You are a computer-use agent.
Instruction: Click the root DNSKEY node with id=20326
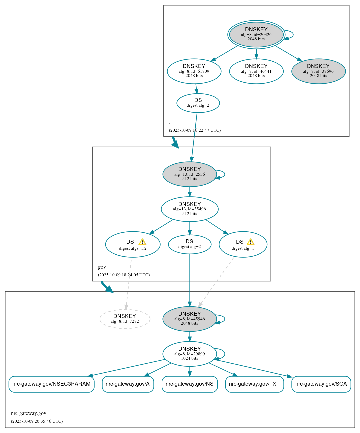(x=256, y=34)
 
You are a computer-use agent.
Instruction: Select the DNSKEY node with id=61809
(x=194, y=71)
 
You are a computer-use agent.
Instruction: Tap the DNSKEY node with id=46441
(x=256, y=71)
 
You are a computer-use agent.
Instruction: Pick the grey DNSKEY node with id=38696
(x=318, y=71)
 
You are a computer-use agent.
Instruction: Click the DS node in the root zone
(x=198, y=103)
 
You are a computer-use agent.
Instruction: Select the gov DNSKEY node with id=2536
(x=189, y=174)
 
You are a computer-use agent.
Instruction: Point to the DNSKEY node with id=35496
(x=189, y=209)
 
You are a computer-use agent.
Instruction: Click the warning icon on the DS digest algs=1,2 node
(x=142, y=242)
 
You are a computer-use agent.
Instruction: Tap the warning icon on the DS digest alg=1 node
(x=250, y=242)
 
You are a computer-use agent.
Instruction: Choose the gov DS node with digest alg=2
(x=189, y=244)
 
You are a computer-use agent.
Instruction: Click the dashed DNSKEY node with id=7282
(x=125, y=319)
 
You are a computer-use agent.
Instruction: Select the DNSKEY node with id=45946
(x=189, y=319)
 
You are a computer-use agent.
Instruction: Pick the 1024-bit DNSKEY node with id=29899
(x=189, y=354)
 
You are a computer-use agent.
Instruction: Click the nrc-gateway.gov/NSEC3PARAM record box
(x=51, y=384)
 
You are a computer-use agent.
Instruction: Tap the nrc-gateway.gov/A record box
(x=128, y=384)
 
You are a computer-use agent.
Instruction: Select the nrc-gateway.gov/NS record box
(x=189, y=384)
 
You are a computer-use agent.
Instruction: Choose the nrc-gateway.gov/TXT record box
(x=254, y=384)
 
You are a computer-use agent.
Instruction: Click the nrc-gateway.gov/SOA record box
(x=321, y=384)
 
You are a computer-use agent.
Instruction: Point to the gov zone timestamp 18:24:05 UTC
(x=124, y=275)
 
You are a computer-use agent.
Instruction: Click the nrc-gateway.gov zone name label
(x=29, y=413)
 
